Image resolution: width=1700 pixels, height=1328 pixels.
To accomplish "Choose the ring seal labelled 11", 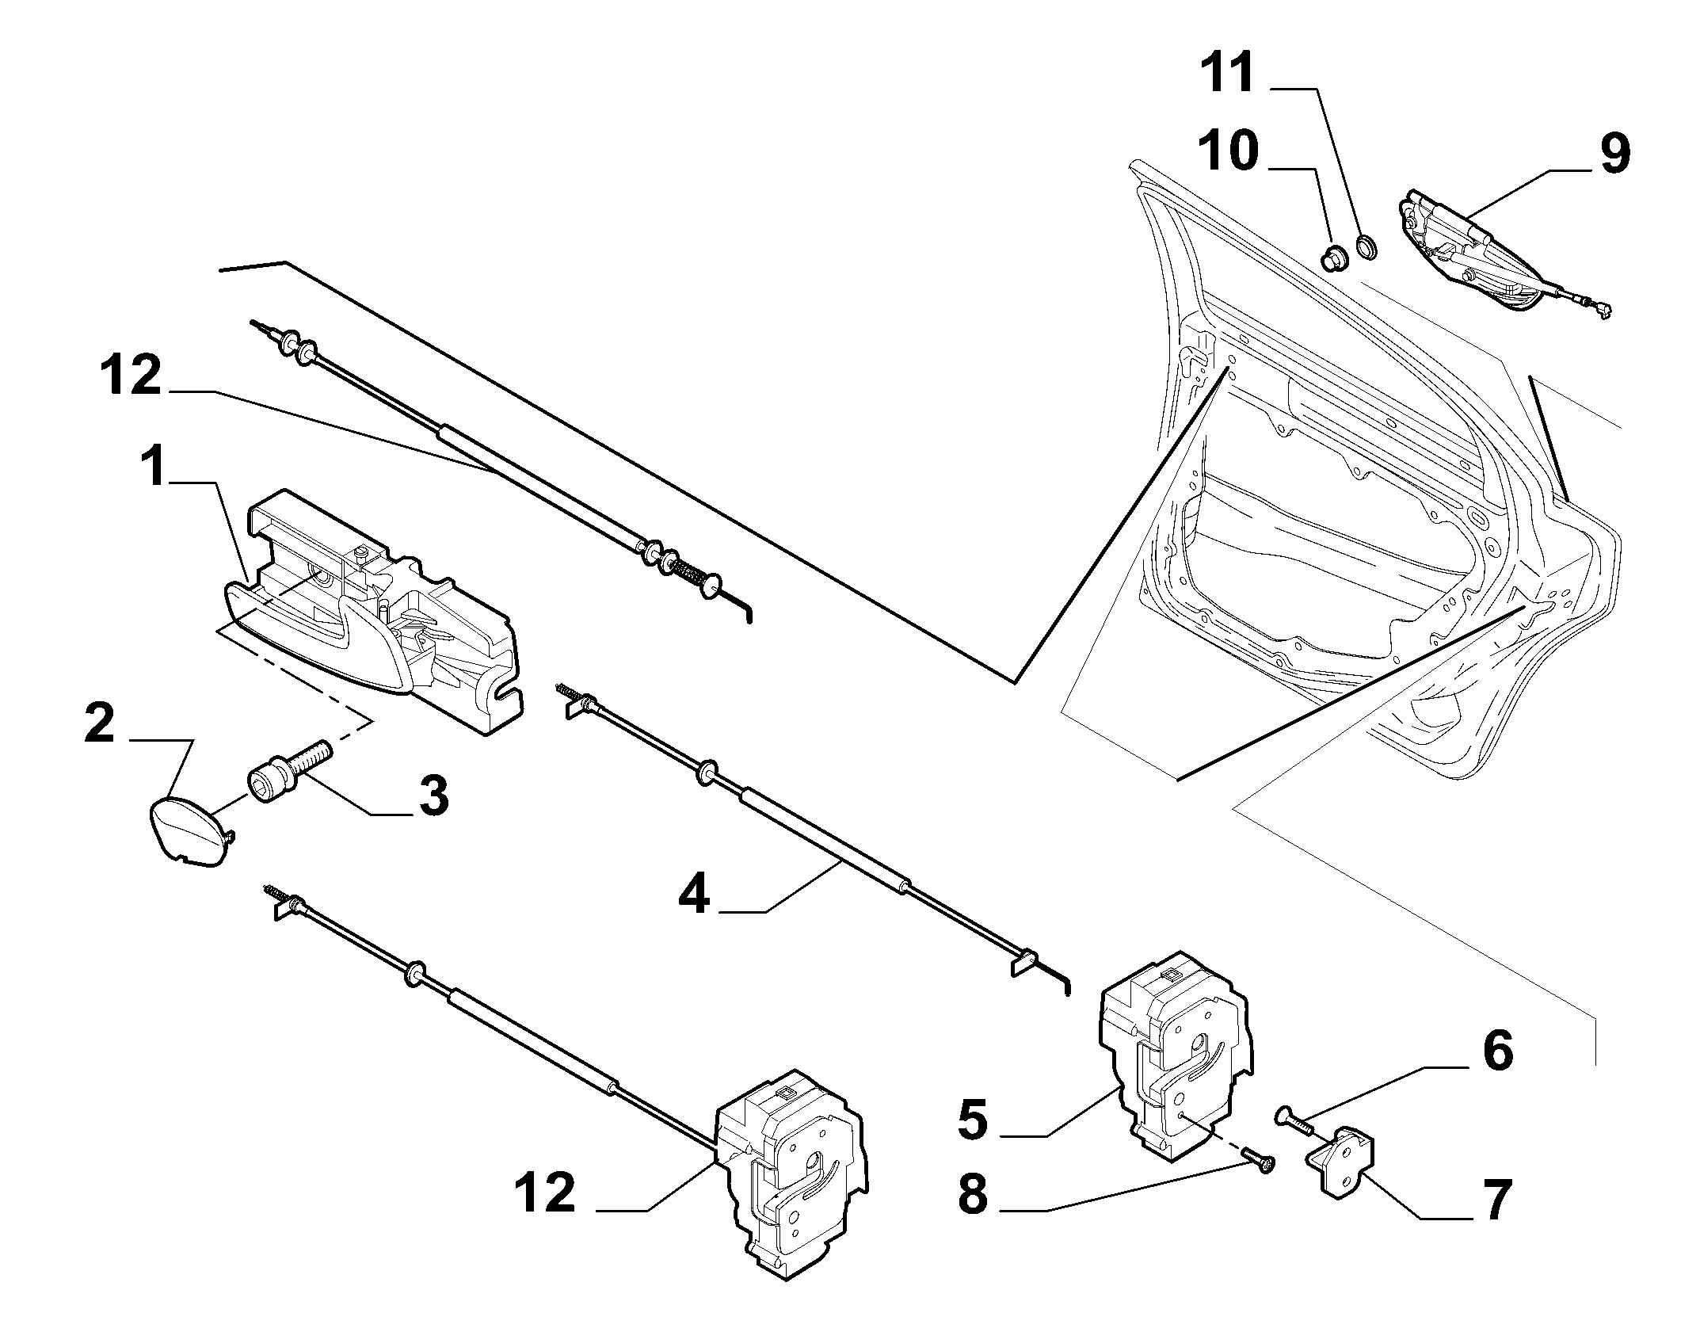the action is pos(1368,246).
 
